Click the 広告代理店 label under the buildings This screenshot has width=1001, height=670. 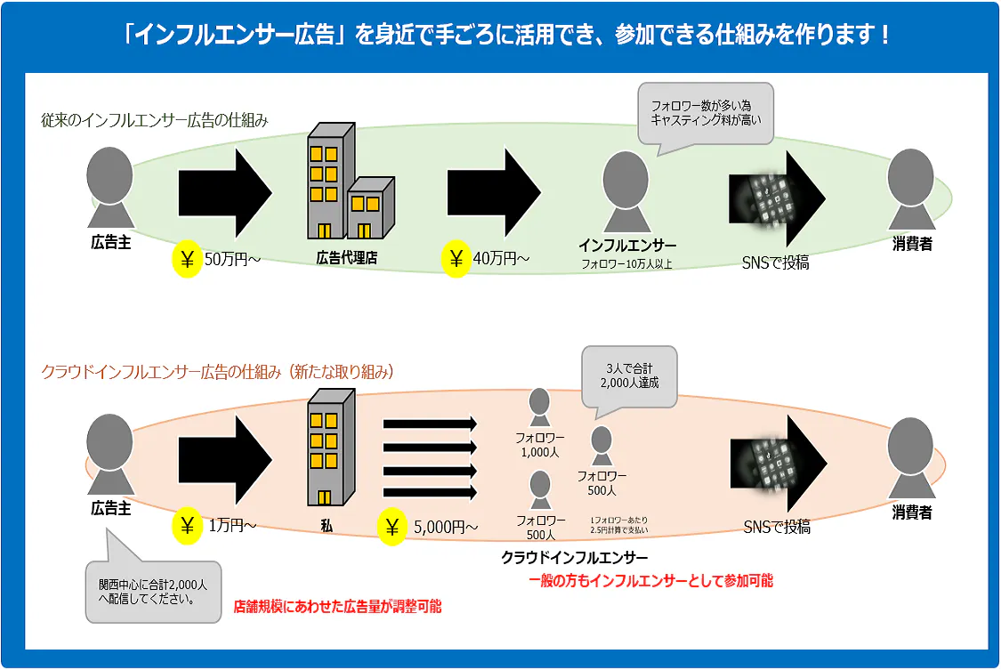click(x=347, y=259)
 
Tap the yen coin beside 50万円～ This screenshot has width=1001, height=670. click(x=188, y=260)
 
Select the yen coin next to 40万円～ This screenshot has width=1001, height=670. click(x=457, y=260)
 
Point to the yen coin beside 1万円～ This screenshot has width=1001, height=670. click(x=188, y=526)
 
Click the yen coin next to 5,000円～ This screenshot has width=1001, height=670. click(x=392, y=528)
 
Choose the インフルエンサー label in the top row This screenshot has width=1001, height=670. click(x=626, y=246)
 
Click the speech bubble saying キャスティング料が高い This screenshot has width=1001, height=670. click(x=706, y=113)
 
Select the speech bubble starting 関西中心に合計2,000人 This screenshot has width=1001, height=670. click(x=152, y=591)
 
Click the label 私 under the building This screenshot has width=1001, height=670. click(x=327, y=526)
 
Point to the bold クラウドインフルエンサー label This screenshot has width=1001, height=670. click(x=574, y=558)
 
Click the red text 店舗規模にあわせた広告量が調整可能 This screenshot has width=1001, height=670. click(x=337, y=607)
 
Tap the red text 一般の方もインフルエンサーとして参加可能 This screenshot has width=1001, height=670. click(x=650, y=581)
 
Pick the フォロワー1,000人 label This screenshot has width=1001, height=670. click(x=539, y=445)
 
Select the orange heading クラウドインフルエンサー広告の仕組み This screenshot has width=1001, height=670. click(x=217, y=372)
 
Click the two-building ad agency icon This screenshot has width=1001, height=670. click(x=347, y=182)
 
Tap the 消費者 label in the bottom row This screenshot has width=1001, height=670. click(x=911, y=513)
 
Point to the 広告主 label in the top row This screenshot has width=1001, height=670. click(x=111, y=241)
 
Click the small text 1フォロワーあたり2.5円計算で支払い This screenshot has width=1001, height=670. click(x=619, y=524)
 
